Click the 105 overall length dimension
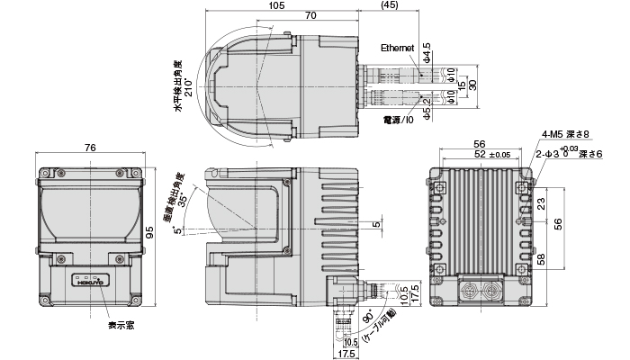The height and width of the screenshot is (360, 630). pyautogui.click(x=277, y=5)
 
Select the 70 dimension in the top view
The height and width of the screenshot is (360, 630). pyautogui.click(x=309, y=16)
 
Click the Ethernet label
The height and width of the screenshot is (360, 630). pyautogui.click(x=397, y=48)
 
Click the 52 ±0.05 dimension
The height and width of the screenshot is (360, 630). pyautogui.click(x=491, y=155)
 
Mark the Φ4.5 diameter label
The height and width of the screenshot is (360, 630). pyautogui.click(x=427, y=50)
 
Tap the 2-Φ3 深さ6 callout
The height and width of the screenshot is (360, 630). pyautogui.click(x=565, y=154)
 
